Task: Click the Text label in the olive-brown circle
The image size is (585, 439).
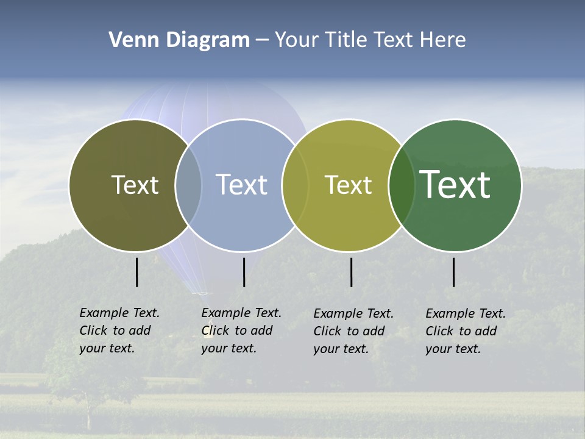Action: (135, 185)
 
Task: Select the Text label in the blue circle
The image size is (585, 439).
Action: (241, 185)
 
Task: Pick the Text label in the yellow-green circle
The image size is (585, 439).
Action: (348, 185)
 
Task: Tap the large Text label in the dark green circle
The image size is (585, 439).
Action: (455, 184)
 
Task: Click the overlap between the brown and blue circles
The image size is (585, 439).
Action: (188, 185)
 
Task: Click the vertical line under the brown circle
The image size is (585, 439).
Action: (137, 272)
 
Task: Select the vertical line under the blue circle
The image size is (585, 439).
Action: (244, 272)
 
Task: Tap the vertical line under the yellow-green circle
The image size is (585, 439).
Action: (352, 272)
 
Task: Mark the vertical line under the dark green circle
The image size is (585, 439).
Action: (454, 272)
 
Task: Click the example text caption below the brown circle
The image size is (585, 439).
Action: (119, 330)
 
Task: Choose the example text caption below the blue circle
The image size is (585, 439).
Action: (241, 330)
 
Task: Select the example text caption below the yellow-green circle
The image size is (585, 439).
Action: (353, 331)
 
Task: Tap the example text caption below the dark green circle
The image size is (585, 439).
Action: (466, 331)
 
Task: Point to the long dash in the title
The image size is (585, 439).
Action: (262, 41)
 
